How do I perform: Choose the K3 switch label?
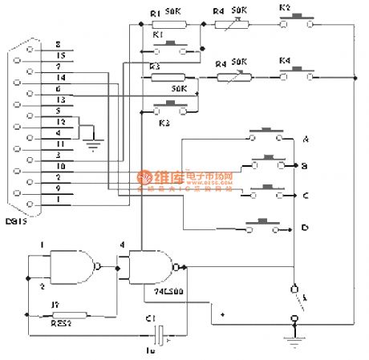point(164,123)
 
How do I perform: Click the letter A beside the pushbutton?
point(306,140)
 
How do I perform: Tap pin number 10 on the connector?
point(59,164)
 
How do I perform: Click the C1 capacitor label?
point(150,320)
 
